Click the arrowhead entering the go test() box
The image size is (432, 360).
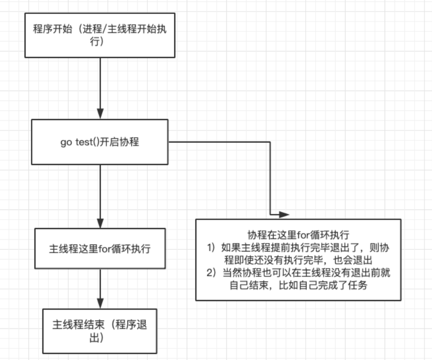tap(100, 113)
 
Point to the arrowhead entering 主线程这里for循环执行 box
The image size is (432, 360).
tap(100, 223)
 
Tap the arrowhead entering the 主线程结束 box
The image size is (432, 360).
tap(100, 303)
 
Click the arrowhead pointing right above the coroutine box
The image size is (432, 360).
tap(284, 214)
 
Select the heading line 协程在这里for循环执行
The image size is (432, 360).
tap(298, 235)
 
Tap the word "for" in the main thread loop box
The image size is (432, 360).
tap(105, 249)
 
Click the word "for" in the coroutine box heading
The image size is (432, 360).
tap(303, 235)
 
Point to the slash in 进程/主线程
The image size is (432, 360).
tap(104, 29)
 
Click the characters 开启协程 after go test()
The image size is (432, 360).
tap(119, 142)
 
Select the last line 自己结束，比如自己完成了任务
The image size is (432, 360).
tap(298, 285)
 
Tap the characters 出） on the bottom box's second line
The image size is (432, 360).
tap(96, 337)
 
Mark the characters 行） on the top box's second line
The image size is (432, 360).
tap(96, 41)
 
